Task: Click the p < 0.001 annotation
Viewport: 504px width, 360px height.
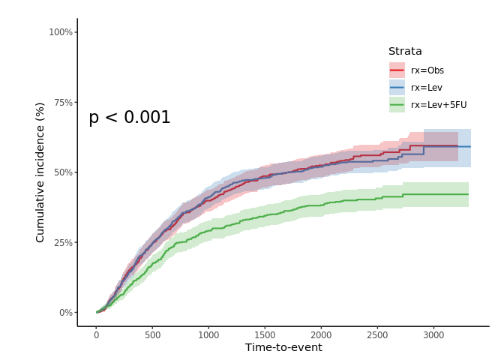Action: point(130,118)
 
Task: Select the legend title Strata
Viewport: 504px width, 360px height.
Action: point(405,52)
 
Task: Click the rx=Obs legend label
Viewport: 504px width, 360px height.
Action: point(427,70)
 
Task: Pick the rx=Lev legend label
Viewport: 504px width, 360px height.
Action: point(426,88)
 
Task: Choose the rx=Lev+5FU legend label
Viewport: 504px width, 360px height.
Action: point(438,105)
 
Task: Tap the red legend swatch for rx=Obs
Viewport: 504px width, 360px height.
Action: point(397,70)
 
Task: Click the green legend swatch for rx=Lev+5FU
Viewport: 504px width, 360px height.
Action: point(397,105)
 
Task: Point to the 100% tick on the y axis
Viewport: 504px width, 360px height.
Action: point(61,32)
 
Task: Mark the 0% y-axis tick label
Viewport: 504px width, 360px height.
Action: point(65,313)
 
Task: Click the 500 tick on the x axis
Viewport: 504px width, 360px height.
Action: point(152,334)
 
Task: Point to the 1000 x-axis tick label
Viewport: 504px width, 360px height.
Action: point(208,334)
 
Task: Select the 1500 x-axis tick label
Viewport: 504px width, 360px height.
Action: point(265,334)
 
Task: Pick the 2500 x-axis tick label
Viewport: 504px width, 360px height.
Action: point(377,334)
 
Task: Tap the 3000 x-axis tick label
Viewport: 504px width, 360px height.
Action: point(433,334)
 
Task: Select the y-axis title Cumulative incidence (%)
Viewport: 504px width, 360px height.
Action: point(40,172)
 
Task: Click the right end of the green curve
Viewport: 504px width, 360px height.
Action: point(468,194)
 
